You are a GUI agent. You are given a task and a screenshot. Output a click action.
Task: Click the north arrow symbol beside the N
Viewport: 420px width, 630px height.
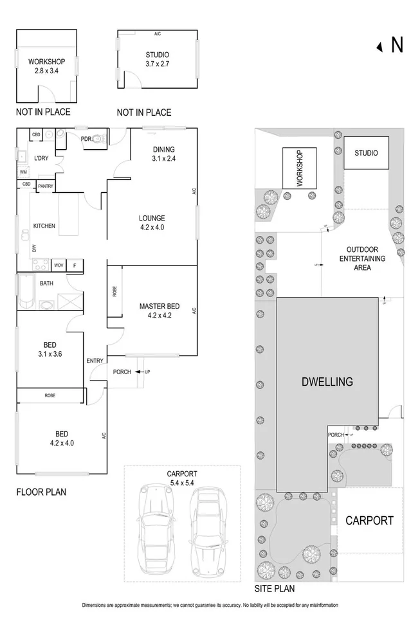pyautogui.click(x=380, y=46)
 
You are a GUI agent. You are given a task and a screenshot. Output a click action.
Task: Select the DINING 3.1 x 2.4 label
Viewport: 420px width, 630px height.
pyautogui.click(x=163, y=154)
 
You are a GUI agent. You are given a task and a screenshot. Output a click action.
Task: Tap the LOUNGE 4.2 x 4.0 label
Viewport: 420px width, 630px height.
pyautogui.click(x=151, y=222)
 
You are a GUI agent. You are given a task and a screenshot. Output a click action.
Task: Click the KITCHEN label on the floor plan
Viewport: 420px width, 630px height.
pyautogui.click(x=44, y=226)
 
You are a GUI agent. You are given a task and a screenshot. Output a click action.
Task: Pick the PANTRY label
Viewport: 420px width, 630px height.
pyautogui.click(x=46, y=186)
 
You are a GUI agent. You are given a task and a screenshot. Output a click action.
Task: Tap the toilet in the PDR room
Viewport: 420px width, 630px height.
pyautogui.click(x=98, y=138)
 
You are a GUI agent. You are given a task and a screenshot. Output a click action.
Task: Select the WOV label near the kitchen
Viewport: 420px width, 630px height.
pyautogui.click(x=59, y=265)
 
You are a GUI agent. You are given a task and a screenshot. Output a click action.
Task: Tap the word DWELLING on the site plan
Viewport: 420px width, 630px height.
pyautogui.click(x=327, y=382)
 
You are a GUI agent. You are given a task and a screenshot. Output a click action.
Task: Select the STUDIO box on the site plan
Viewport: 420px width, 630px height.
pyautogui.click(x=366, y=154)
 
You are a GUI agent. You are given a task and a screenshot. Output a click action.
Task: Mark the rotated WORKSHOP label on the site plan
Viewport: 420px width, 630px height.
pyautogui.click(x=299, y=168)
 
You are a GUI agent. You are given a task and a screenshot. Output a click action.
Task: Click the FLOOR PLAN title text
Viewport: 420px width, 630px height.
pyautogui.click(x=41, y=492)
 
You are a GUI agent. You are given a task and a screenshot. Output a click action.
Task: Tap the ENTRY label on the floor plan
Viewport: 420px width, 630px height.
pyautogui.click(x=95, y=361)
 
